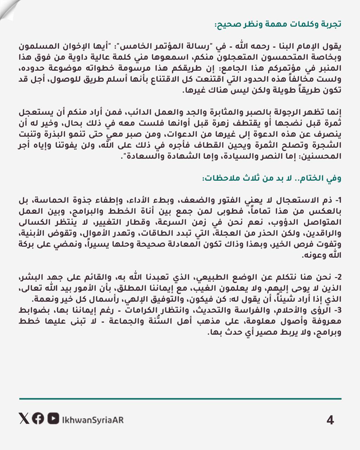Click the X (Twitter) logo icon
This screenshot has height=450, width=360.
point(24,419)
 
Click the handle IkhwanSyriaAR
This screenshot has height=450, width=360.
point(92,420)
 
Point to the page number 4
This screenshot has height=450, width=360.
point(330,420)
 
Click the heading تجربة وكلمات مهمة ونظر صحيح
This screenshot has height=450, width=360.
point(278,25)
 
